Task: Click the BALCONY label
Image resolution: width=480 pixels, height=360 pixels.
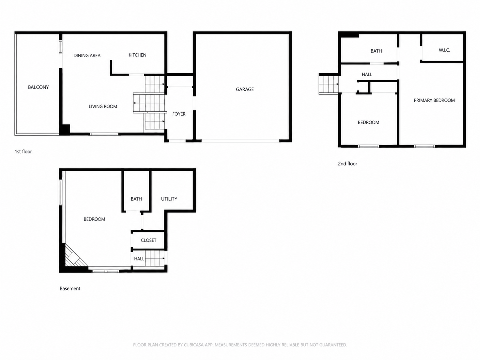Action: pos(38,87)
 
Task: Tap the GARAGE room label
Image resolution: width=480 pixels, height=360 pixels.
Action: pos(245,90)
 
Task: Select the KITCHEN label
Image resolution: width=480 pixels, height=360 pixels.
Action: pos(137,55)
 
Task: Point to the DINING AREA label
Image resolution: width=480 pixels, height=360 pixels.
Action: pos(87,55)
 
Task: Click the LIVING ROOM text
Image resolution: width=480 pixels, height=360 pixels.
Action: pos(103,106)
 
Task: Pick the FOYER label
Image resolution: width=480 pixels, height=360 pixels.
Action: pos(179,114)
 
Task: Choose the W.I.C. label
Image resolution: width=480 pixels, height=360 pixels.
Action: pos(444,50)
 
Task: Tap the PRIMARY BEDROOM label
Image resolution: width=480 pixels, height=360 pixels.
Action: pos(434,100)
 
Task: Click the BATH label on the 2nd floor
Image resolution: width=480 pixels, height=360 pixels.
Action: pos(376,51)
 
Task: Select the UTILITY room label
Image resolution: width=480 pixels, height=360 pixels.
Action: pos(169,199)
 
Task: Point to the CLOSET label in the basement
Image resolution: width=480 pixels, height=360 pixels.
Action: pos(149,240)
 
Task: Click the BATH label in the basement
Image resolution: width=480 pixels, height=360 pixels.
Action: pos(136,199)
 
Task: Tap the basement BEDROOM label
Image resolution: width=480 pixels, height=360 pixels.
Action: pos(94,219)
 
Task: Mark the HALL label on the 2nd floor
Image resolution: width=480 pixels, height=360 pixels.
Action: pos(367,75)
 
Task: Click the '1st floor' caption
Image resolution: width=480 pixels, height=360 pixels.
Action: pos(23,152)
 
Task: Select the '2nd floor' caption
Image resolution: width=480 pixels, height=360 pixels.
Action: pos(347,164)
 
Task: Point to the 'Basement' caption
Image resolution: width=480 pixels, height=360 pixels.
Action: pos(70,288)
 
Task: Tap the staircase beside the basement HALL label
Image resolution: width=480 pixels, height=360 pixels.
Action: pos(154,258)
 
